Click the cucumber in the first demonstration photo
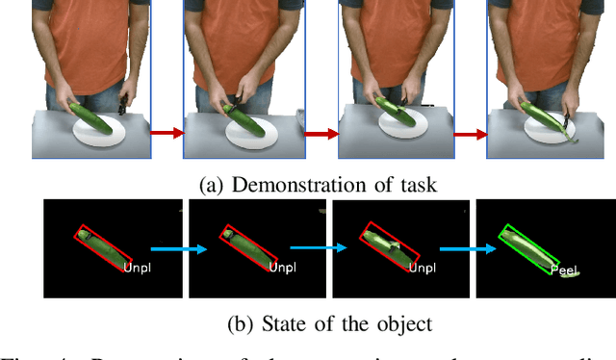(x=92, y=115)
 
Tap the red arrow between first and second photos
(x=166, y=134)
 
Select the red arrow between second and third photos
(x=318, y=134)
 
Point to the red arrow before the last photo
(x=468, y=134)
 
